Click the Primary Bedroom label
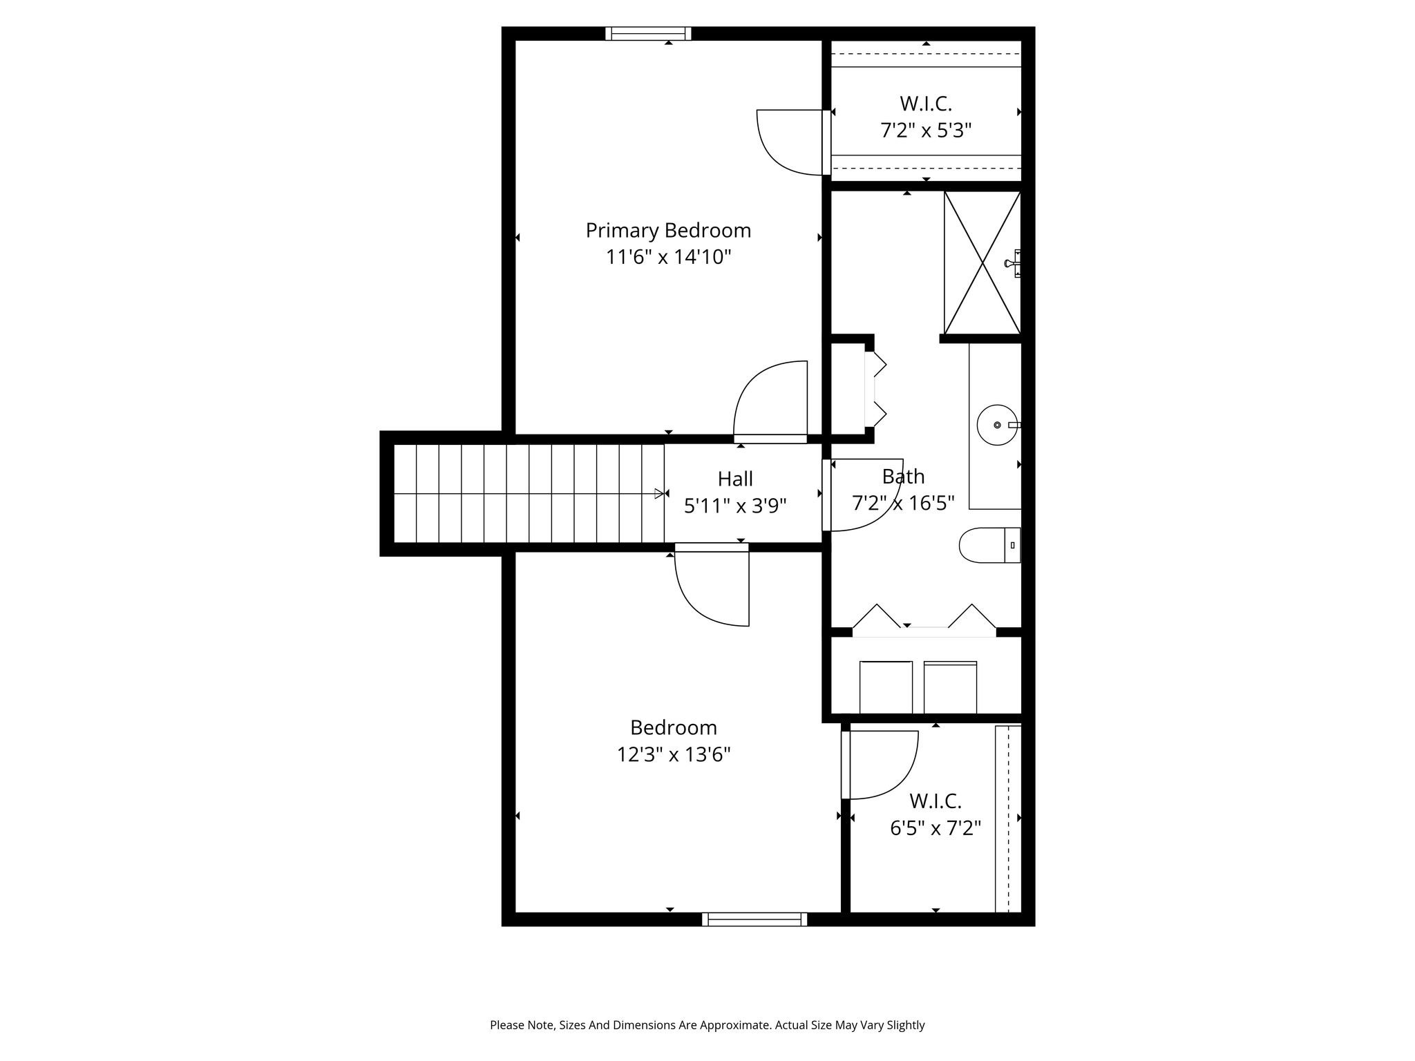668,231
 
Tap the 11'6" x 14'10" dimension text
668,257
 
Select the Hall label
735,479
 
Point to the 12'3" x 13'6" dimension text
674,754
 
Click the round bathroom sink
997,425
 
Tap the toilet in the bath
989,545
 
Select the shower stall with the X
982,262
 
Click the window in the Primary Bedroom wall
648,33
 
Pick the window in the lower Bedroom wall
754,919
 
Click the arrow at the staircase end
659,494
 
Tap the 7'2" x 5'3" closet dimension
926,131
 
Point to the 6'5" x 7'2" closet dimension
936,828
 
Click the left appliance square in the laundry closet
886,687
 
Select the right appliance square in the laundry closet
950,687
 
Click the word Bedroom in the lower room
674,728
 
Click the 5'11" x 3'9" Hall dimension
735,506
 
